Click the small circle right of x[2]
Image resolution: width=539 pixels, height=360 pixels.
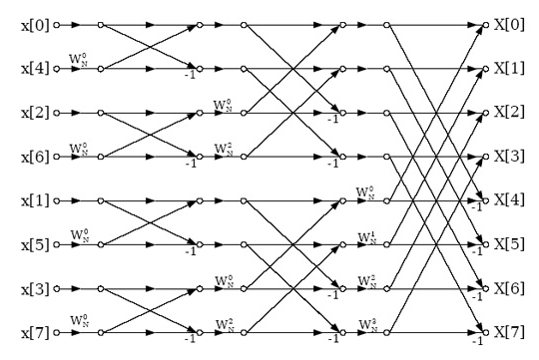[58, 112]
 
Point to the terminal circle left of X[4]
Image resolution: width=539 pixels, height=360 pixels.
[486, 200]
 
